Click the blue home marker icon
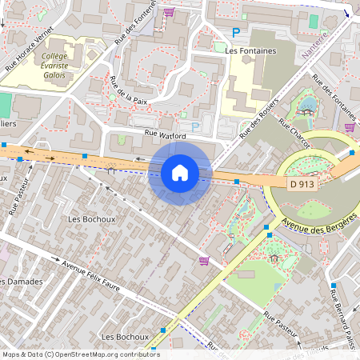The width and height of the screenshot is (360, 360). click(180, 172)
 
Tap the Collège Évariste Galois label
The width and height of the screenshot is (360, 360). click(54, 66)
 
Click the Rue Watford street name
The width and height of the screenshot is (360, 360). click(165, 136)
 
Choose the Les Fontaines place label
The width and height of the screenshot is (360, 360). click(250, 50)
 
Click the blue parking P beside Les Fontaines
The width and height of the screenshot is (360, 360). click(235, 32)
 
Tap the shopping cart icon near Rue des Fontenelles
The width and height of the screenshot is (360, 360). click(169, 12)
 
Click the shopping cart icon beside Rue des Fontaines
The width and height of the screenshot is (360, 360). click(349, 126)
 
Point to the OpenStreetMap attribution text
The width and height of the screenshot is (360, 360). click(76, 354)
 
